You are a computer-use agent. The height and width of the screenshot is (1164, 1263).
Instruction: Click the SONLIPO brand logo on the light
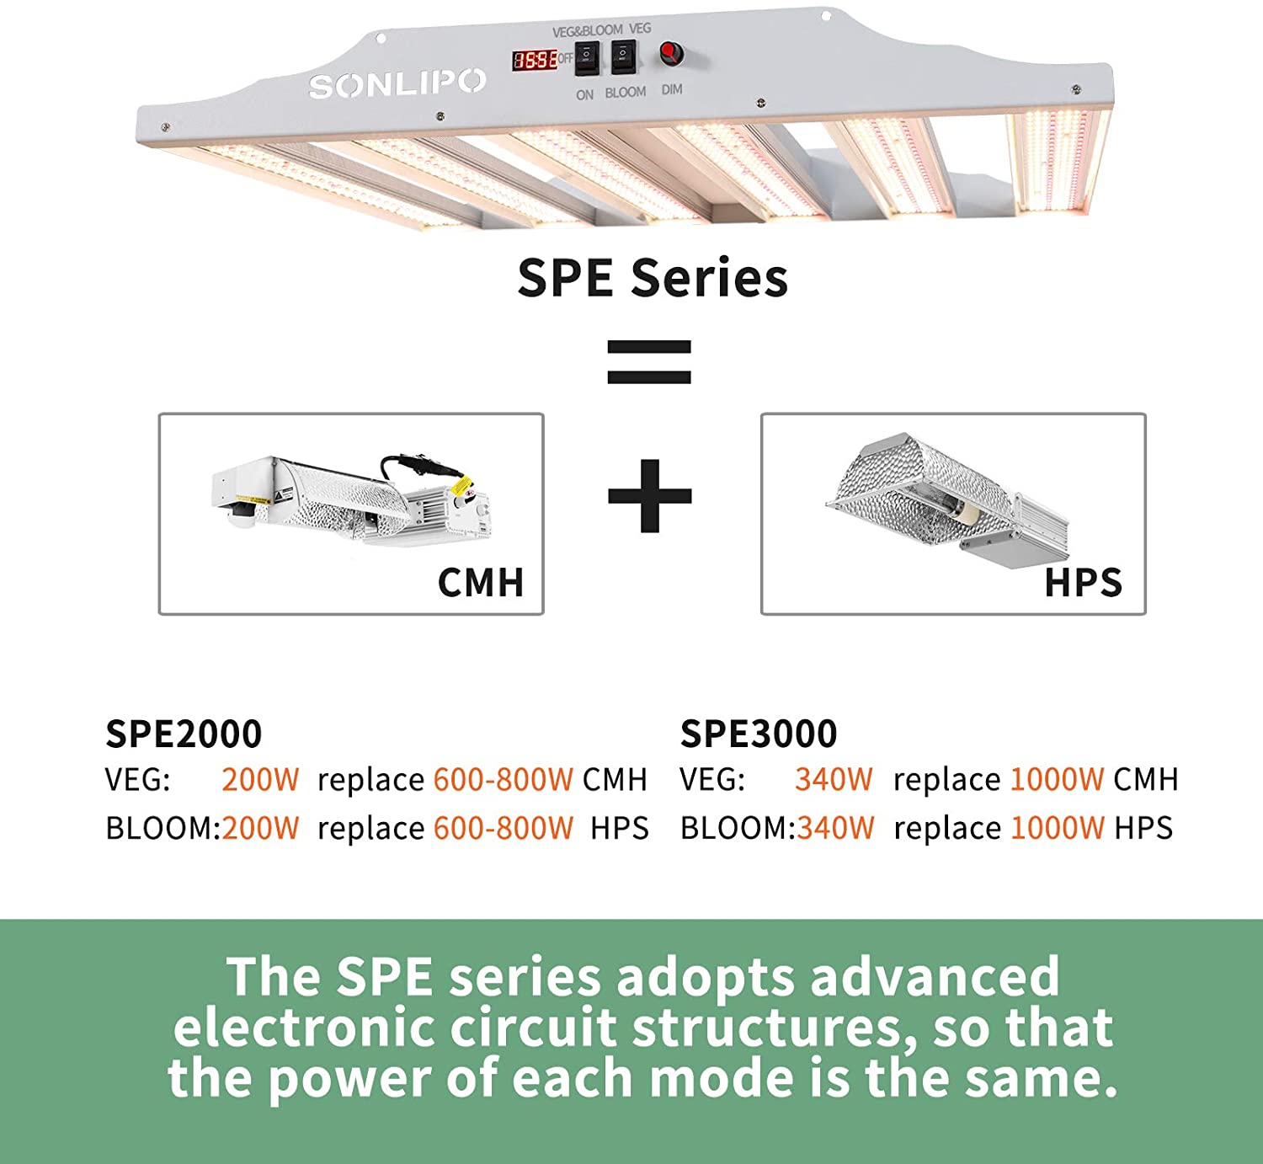pyautogui.click(x=397, y=83)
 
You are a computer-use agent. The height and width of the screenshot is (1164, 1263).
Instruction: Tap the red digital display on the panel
pyautogui.click(x=536, y=60)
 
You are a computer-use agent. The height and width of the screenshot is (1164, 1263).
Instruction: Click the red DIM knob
pyautogui.click(x=670, y=54)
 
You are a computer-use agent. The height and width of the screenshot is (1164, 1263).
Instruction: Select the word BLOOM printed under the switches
pyautogui.click(x=626, y=92)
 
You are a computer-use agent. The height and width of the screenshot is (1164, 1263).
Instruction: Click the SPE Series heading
pyautogui.click(x=653, y=278)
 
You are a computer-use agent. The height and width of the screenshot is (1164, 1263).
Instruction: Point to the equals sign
pyautogui.click(x=649, y=362)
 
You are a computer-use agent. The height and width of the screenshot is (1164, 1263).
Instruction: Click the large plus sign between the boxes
pyautogui.click(x=649, y=496)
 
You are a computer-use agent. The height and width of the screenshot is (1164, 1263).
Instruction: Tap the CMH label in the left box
pyautogui.click(x=481, y=582)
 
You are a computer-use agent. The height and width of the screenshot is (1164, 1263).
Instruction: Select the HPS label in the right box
pyautogui.click(x=1083, y=582)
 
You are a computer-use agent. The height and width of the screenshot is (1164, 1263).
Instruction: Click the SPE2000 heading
pyautogui.click(x=184, y=734)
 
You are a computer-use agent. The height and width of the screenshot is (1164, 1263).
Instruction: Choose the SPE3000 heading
pyautogui.click(x=759, y=734)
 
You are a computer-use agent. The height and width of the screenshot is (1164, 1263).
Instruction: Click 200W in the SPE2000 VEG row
pyautogui.click(x=260, y=779)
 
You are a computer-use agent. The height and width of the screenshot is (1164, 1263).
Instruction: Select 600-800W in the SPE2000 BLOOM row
pyautogui.click(x=504, y=828)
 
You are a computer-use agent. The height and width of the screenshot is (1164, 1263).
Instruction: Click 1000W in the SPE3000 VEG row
pyautogui.click(x=1057, y=779)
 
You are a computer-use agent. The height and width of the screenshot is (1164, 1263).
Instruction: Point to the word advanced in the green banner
pyautogui.click(x=934, y=977)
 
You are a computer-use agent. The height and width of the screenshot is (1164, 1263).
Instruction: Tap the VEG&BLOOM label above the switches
pyautogui.click(x=588, y=31)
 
